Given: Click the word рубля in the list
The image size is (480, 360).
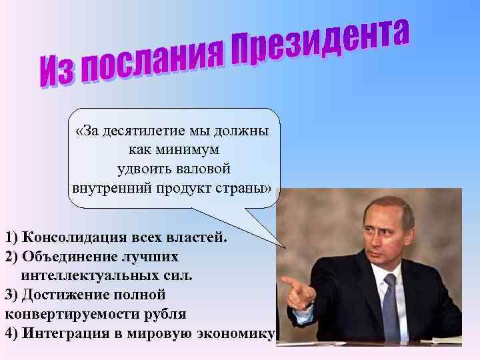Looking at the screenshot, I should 165,313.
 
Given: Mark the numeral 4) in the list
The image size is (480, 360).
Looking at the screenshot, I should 11,333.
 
